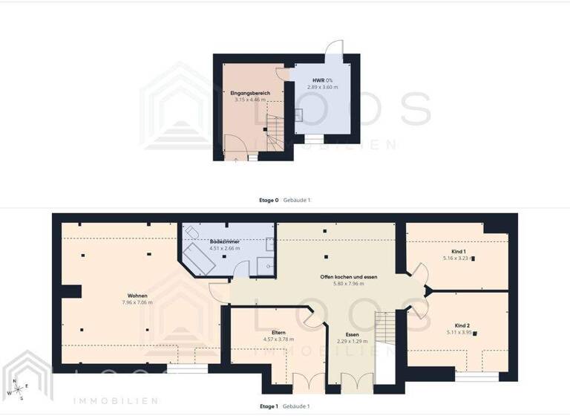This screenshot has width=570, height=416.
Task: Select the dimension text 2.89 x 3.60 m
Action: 322,87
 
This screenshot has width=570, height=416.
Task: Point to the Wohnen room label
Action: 137,296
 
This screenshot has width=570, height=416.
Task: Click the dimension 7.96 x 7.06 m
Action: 137,302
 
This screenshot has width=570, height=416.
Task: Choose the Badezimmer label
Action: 223,242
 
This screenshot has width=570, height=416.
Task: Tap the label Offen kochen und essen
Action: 349,276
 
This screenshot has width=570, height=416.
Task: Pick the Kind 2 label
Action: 462,326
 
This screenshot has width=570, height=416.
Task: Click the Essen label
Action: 352,334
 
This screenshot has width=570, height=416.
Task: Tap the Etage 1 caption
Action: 269,406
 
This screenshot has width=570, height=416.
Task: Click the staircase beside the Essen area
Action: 384,328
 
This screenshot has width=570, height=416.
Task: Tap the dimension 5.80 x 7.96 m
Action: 349,283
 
